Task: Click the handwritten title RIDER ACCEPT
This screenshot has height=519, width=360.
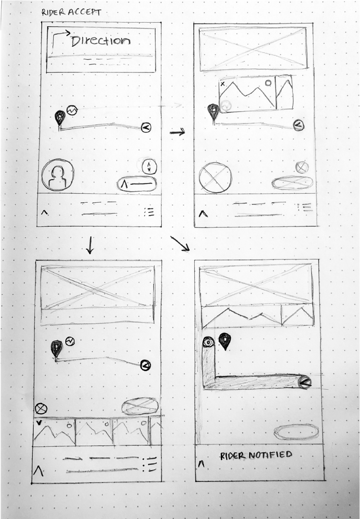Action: tap(71, 12)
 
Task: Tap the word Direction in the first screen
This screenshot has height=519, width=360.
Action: tap(101, 41)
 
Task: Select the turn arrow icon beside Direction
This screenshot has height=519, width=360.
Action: tap(60, 37)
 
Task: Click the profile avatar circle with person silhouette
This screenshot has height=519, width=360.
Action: tap(57, 175)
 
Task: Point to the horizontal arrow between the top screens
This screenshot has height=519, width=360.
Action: tap(177, 132)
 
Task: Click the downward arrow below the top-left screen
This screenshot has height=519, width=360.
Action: tap(89, 245)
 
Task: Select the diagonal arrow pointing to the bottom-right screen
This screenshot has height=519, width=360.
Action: tap(180, 244)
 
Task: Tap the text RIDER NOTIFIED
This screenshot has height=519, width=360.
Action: tap(256, 455)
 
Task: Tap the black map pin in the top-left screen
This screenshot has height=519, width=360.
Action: tap(60, 118)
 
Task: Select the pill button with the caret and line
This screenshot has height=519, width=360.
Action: tap(137, 184)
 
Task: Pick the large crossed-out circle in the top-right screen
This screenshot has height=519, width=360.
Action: tap(215, 178)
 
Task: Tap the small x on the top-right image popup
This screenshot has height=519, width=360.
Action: tap(223, 83)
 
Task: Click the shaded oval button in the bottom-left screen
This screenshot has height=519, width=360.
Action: tap(140, 406)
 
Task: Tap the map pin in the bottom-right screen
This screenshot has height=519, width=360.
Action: tap(225, 341)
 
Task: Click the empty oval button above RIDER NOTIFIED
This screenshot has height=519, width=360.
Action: tap(296, 431)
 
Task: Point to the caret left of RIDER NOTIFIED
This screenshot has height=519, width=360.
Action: tap(201, 464)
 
